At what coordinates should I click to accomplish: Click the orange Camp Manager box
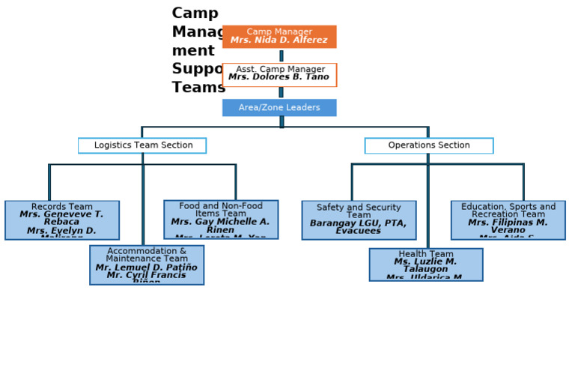click(279, 37)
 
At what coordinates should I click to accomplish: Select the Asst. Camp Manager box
click(279, 74)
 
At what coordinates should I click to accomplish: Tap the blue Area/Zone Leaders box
click(279, 108)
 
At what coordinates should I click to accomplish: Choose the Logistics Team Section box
click(142, 145)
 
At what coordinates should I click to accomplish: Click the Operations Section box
click(429, 145)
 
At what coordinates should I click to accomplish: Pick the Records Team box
click(62, 220)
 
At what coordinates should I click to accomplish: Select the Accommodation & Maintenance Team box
click(147, 265)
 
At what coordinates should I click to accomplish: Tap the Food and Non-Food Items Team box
click(221, 219)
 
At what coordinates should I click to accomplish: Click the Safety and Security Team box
click(359, 220)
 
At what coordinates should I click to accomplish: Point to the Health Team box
click(426, 265)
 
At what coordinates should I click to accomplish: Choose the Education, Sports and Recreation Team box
click(508, 220)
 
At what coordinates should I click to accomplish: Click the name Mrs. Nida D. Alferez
click(279, 40)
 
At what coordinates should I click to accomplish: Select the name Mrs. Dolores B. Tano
click(279, 77)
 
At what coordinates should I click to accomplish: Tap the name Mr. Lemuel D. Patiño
click(147, 268)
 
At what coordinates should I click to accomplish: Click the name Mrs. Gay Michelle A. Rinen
click(221, 226)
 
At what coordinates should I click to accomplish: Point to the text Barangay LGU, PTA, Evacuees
click(359, 227)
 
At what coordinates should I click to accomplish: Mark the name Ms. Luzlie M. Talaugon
click(426, 265)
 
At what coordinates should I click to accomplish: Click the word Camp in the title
click(195, 13)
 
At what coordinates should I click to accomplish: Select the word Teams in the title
click(198, 88)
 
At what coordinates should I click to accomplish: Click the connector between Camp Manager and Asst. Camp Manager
click(282, 55)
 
